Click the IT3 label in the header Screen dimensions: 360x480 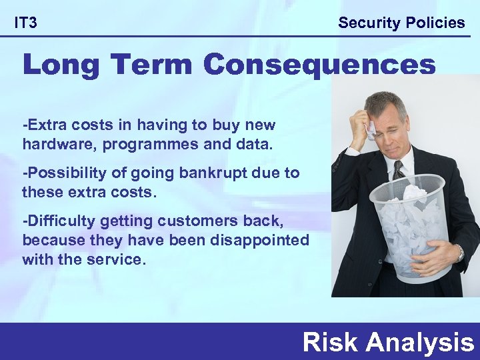click(x=26, y=23)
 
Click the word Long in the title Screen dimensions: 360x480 click(x=59, y=67)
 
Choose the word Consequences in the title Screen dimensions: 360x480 click(x=320, y=66)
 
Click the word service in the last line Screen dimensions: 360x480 click(x=117, y=259)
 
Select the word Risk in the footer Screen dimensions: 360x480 click(x=331, y=343)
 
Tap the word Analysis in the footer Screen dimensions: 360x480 click(x=419, y=343)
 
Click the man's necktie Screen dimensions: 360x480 click(x=398, y=169)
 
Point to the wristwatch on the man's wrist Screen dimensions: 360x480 click(x=459, y=253)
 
